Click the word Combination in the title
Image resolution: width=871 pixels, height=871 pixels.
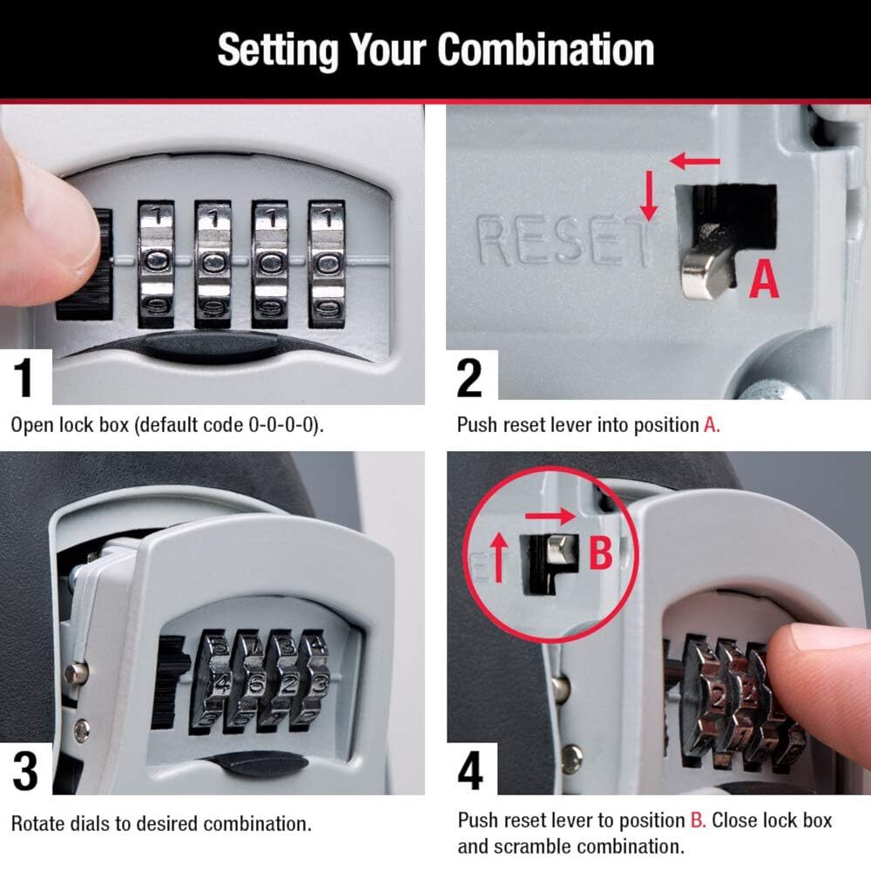[x=545, y=50]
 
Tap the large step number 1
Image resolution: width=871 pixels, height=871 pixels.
[x=25, y=377]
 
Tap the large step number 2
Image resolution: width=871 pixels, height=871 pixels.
[x=469, y=377]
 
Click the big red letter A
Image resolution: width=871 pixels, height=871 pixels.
[x=764, y=280]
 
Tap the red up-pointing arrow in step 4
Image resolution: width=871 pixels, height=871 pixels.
[x=501, y=558]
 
